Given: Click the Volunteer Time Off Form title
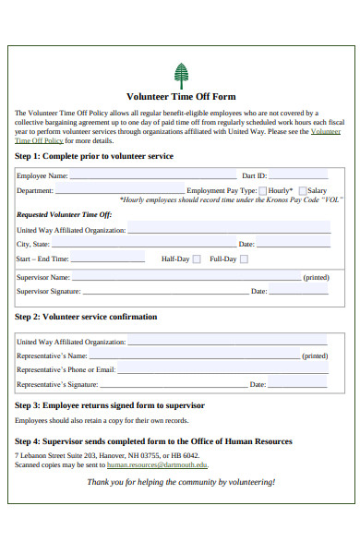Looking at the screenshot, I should click(x=180, y=96).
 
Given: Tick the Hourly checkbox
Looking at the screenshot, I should click(x=262, y=190).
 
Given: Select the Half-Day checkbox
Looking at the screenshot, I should click(x=196, y=259).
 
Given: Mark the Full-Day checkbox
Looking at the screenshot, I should click(x=244, y=259).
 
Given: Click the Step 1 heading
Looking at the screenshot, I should click(x=94, y=156).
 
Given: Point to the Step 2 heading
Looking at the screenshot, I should click(x=86, y=317).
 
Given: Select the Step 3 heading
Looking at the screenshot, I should click(x=110, y=405).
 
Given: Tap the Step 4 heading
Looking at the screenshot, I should click(x=153, y=441).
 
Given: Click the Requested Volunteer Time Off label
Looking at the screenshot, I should click(x=64, y=214).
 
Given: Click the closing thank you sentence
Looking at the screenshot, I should click(x=180, y=482).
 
